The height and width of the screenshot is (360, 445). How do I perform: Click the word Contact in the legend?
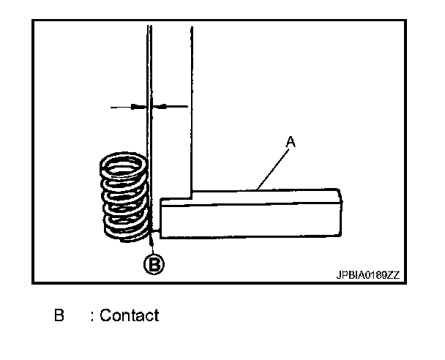129,316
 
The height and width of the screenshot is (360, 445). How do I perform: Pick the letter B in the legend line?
59,316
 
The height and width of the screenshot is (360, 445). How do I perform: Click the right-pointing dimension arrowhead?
139,107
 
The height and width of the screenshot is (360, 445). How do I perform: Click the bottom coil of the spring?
126,233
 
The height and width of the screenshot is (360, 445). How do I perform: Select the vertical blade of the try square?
171,110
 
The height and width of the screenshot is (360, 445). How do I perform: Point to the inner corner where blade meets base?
192,193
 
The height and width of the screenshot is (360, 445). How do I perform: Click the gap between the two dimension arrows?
149,107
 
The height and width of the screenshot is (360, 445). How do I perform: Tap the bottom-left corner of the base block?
162,236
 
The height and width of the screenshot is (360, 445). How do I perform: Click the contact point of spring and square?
149,228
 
